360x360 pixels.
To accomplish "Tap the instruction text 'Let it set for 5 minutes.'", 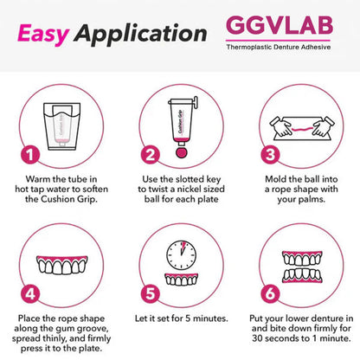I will tap(180, 319).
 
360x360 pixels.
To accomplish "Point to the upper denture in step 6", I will tap(298, 250).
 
